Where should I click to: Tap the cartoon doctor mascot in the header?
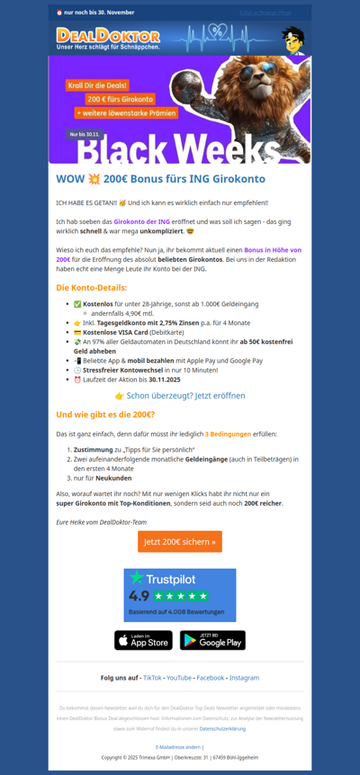[x=292, y=39]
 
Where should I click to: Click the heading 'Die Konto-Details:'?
[x=91, y=287]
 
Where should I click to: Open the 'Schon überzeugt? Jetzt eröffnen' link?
[x=179, y=395]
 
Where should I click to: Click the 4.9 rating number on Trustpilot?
[x=139, y=596]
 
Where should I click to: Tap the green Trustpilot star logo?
[x=137, y=578]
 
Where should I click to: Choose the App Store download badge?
[x=143, y=640]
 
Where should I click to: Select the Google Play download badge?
[x=212, y=640]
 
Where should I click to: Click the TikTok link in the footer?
[x=152, y=678]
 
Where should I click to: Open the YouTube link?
[x=179, y=678]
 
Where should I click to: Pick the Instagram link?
[x=244, y=678]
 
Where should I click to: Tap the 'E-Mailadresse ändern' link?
[x=177, y=746]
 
